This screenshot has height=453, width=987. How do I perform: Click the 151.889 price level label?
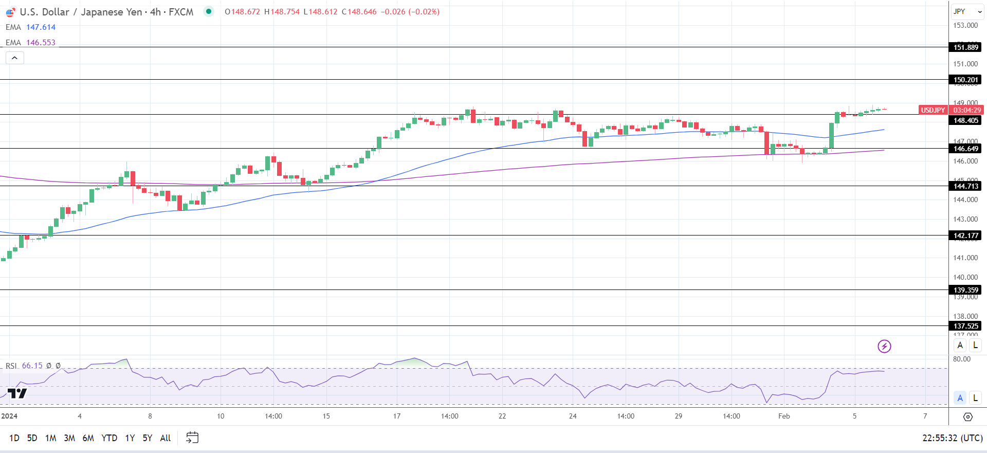coord(966,47)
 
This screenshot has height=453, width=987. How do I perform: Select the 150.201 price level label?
coord(966,80)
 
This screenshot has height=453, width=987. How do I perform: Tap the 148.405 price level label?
coord(966,120)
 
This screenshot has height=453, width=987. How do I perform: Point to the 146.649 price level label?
coord(966,149)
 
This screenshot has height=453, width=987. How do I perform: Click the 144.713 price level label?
coord(966,186)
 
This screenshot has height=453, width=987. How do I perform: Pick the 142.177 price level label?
coord(966,235)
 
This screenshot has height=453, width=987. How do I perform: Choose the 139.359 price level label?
coord(966,290)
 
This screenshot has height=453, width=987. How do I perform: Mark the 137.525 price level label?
coord(966,326)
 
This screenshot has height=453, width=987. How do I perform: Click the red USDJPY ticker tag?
coord(933,110)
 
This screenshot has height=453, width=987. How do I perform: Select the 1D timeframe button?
coord(14,438)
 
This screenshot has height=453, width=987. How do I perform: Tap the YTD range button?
coord(109,438)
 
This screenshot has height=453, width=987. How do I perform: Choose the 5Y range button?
coord(148,438)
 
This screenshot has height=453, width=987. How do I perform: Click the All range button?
coord(166,438)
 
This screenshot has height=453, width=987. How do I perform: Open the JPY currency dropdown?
coord(967,11)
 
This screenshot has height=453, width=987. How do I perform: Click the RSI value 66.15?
coord(32,366)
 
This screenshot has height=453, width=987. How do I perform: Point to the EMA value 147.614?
coord(41,27)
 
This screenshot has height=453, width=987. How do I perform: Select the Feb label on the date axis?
coord(784,416)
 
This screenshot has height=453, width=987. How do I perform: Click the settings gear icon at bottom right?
coord(967,416)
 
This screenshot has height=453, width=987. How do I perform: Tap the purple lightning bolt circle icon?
coord(884,346)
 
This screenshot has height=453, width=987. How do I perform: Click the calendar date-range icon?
coord(192,438)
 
